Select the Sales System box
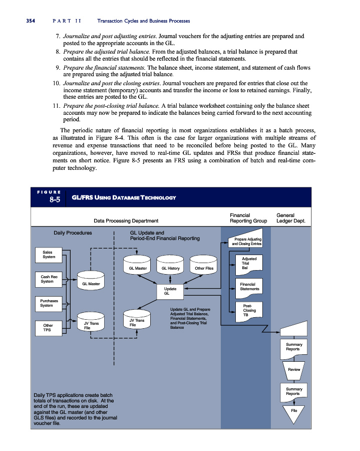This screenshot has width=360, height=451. (x=49, y=254)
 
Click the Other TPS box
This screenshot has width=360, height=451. (x=49, y=327)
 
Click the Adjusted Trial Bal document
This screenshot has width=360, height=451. (x=249, y=264)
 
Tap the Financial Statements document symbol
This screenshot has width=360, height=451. (x=249, y=287)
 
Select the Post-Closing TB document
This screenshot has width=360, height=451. (x=249, y=310)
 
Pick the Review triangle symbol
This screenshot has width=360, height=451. (x=294, y=369)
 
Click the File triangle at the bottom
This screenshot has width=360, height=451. (x=294, y=410)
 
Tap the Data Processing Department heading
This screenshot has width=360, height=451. (x=126, y=220)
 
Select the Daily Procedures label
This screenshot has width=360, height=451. (x=73, y=233)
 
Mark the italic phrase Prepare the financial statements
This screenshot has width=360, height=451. (x=104, y=67)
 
